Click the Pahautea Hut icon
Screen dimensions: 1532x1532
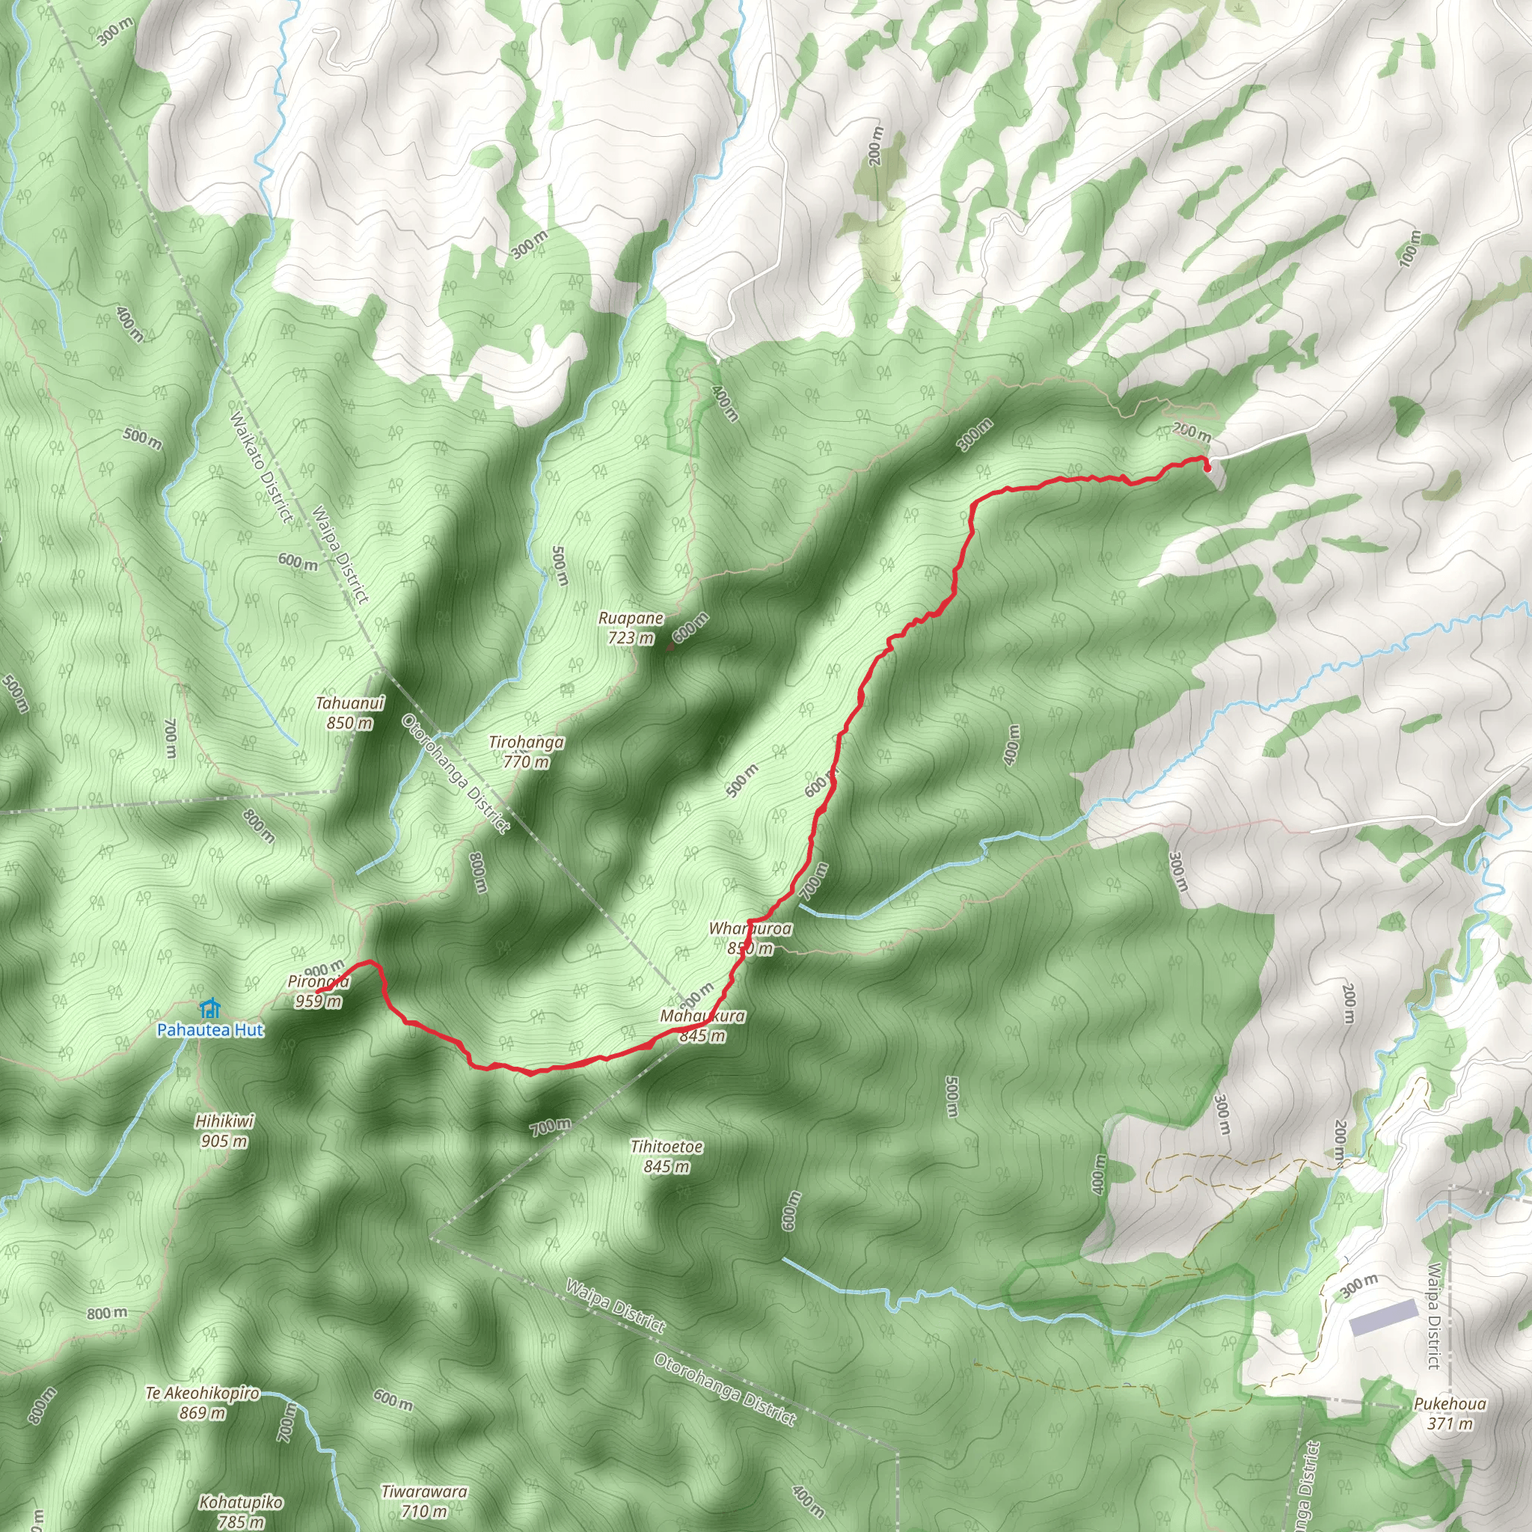(209, 1009)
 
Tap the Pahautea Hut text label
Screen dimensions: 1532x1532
(210, 1030)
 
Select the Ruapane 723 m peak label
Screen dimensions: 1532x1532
(631, 627)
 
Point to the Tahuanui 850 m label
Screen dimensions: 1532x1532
(349, 713)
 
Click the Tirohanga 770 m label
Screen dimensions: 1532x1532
(527, 752)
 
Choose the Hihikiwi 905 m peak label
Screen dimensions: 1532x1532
(224, 1132)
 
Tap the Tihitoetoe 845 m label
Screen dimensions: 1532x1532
(667, 1156)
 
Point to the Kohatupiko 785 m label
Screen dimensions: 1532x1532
(241, 1512)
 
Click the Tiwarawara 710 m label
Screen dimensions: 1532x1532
(424, 1501)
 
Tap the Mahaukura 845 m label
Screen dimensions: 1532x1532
(702, 1026)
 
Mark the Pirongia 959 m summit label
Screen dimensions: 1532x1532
(319, 991)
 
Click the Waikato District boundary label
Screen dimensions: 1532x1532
(261, 467)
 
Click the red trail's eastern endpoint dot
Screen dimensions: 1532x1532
(1207, 468)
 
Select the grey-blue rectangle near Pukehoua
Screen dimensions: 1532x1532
(1383, 1318)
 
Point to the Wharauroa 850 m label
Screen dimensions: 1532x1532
(750, 938)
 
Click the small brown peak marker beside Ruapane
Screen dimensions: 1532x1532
(670, 647)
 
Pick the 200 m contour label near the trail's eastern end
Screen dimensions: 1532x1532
(1191, 433)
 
